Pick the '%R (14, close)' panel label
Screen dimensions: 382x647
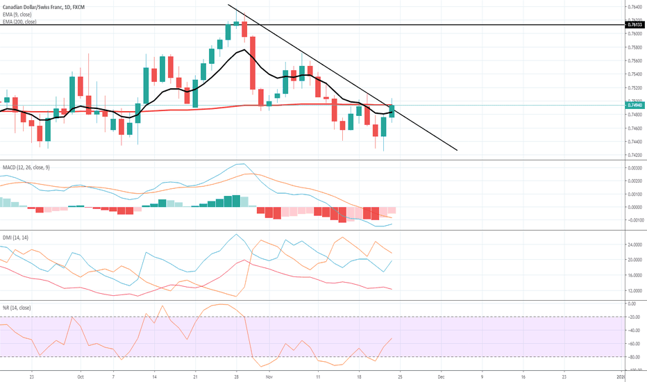point(17,307)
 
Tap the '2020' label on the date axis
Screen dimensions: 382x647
point(624,376)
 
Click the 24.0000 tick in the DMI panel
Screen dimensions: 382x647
point(634,245)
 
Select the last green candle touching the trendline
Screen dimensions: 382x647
point(392,110)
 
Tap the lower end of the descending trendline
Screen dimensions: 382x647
point(457,150)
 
